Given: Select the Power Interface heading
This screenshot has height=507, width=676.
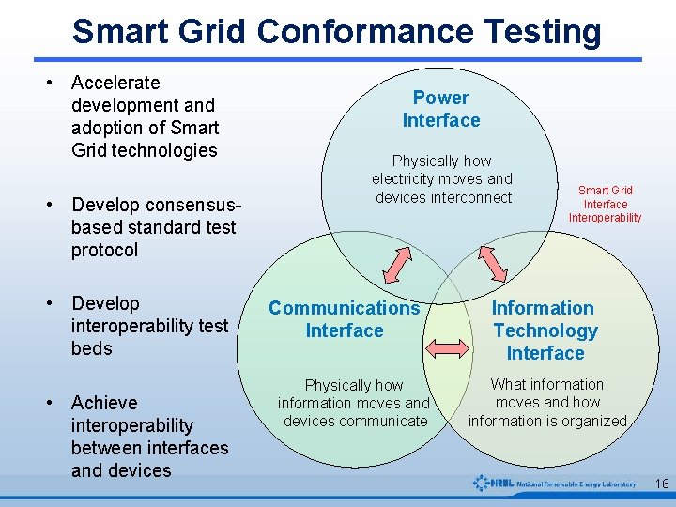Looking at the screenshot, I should [440, 109].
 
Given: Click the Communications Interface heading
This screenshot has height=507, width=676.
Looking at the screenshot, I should [345, 319].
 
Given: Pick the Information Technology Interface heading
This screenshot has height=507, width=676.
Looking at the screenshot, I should [545, 330].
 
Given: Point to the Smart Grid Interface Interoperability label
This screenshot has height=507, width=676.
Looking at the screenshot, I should [606, 204].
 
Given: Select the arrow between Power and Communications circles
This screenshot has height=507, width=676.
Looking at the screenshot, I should [399, 262].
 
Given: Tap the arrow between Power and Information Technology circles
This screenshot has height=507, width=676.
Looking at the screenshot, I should [493, 262].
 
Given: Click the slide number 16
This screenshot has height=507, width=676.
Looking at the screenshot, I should [661, 484].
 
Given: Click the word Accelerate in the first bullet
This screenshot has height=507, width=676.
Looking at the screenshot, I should [115, 83].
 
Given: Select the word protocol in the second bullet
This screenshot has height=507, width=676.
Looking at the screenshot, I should [104, 250].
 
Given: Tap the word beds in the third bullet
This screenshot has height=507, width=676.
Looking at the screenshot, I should [92, 348].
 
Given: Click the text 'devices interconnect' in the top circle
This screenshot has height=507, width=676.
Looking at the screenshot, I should [443, 197].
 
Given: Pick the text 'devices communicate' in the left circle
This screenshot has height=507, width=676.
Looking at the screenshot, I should [355, 421].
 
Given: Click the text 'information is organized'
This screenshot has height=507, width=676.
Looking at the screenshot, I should [547, 421].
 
